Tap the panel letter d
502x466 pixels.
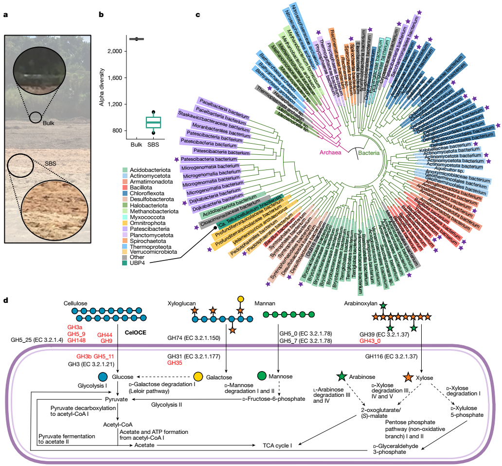point(5,301)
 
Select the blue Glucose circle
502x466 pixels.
point(103,377)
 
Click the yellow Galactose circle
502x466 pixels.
point(198,376)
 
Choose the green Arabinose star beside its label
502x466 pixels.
point(341,376)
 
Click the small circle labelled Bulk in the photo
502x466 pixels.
point(35,117)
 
